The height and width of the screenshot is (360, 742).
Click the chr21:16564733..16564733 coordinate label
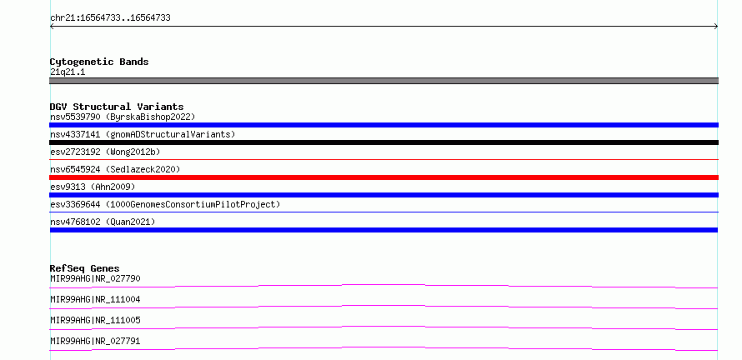[x=110, y=18]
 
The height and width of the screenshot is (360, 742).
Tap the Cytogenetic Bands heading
[x=99, y=62]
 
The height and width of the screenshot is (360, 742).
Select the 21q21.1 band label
[x=68, y=72]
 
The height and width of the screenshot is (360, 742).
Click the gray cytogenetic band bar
[x=384, y=81]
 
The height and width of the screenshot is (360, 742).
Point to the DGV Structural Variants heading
[x=117, y=107]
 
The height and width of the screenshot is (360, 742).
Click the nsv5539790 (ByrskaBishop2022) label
[x=123, y=117]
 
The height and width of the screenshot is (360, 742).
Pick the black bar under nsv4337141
[x=384, y=142]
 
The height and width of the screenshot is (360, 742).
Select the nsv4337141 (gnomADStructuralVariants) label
[x=143, y=134]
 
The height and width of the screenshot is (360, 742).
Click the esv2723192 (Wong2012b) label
[x=105, y=152]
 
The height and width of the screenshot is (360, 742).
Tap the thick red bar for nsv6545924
[x=384, y=177]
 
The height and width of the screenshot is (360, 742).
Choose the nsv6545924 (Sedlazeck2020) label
[x=115, y=169]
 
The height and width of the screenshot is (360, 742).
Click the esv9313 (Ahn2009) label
[x=93, y=187]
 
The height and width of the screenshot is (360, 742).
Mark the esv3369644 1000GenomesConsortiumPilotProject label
[x=165, y=204]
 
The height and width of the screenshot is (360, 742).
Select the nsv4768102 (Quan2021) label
[x=103, y=222]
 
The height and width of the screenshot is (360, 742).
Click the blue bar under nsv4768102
[x=384, y=230]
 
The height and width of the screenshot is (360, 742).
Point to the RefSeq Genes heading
[x=85, y=268]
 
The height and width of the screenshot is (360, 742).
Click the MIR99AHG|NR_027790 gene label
[x=95, y=278]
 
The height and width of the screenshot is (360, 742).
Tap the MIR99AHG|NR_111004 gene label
[x=95, y=299]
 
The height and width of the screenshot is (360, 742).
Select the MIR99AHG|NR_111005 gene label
[x=95, y=320]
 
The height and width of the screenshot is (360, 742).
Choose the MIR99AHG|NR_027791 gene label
[x=95, y=341]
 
